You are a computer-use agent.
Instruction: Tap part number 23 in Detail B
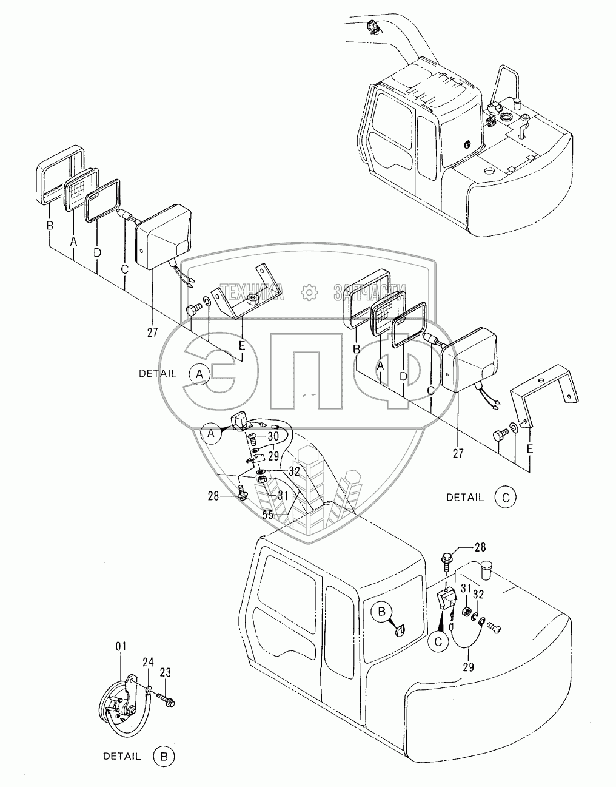(166, 672)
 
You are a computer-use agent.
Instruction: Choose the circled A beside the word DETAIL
(198, 374)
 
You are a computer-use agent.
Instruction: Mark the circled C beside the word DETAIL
(505, 497)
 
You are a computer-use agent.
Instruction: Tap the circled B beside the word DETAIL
(164, 757)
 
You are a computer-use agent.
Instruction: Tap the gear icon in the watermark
(310, 292)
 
